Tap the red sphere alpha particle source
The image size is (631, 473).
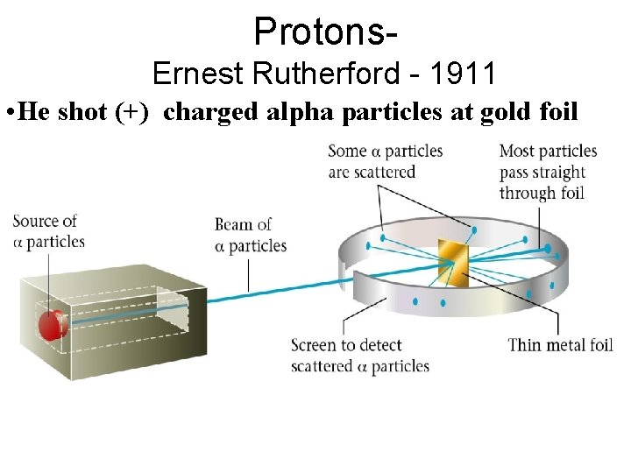(51, 323)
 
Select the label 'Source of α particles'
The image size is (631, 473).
(48, 231)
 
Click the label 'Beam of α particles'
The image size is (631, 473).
(250, 235)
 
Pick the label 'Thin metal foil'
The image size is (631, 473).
(560, 344)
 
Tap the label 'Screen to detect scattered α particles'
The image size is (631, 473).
(359, 355)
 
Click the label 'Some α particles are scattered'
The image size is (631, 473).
(385, 162)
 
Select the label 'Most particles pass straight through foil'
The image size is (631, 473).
(548, 172)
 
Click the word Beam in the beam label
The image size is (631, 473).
(234, 225)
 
